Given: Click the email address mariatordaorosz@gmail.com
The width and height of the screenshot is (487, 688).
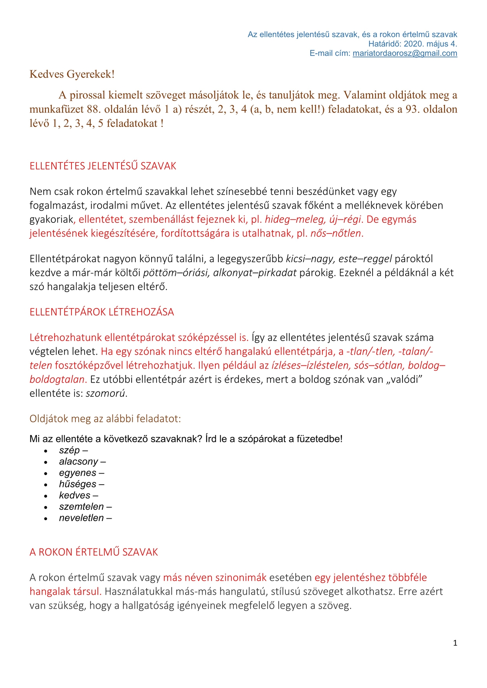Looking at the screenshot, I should point(405,54).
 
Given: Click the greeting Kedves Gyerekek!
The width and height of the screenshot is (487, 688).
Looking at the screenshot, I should point(72,74).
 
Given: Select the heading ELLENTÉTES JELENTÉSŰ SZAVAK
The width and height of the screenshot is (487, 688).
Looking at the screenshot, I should point(103,166).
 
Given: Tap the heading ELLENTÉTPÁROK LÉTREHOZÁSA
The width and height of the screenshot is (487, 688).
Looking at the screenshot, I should point(102,312).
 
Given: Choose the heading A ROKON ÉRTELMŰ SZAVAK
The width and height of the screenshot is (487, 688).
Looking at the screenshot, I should point(94,552).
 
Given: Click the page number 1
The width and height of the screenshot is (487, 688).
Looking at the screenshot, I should point(455,643).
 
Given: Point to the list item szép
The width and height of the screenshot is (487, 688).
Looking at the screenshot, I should point(70,450).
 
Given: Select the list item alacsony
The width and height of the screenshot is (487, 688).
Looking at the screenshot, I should point(78,462).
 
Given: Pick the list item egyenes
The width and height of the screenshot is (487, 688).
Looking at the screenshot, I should point(78,473).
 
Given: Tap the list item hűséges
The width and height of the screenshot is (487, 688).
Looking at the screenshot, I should point(78,484).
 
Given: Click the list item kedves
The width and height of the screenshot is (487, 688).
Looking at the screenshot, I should point(75,495).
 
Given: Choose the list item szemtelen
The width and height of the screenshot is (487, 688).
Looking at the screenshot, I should point(81,507).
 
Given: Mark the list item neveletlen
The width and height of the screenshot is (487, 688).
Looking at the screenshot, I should point(81,518).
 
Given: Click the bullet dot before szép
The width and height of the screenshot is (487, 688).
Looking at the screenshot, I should point(46,451).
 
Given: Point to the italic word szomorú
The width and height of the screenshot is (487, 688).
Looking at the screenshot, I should point(105,394).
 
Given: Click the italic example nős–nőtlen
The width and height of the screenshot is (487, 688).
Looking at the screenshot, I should point(336,234).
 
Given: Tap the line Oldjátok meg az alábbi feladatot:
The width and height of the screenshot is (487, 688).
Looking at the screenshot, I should point(105,419).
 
